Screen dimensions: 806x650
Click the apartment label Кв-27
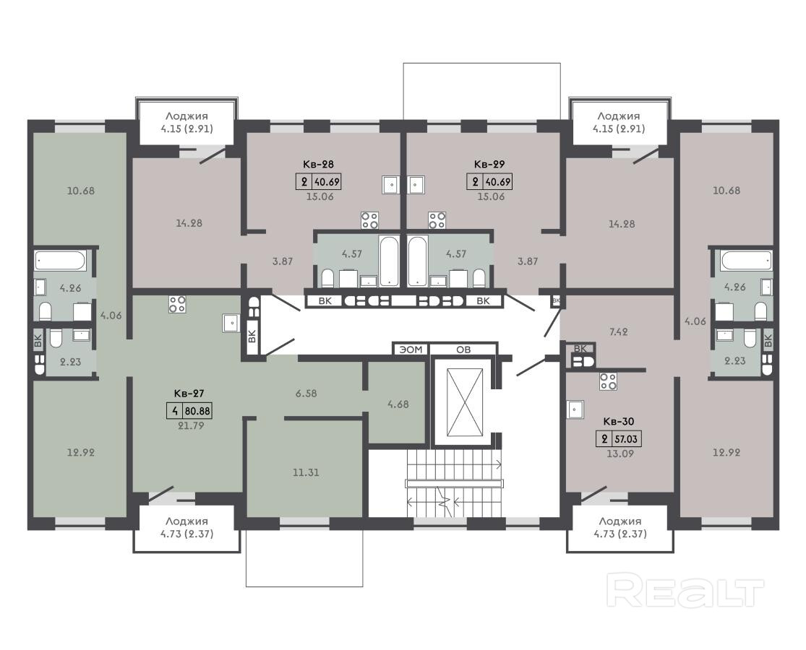coord(189,394)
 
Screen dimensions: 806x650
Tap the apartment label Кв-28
coord(317,164)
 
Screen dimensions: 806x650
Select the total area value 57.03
coord(627,440)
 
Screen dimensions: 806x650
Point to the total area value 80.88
coord(197,411)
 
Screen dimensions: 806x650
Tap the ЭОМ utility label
coord(411,350)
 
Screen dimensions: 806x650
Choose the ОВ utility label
coord(463,350)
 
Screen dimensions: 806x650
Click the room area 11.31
coord(306,472)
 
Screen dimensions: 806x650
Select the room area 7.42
coord(618,331)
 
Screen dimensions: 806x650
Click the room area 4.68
coord(398,404)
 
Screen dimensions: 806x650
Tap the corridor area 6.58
coord(306,394)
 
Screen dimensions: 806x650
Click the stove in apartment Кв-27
coord(177,304)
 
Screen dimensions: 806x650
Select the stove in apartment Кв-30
coord(608,381)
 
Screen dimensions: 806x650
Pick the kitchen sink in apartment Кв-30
coord(575,409)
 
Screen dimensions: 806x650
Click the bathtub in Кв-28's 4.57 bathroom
coord(389,261)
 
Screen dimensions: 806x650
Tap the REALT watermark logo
coord(685,591)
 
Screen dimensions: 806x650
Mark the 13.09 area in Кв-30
coord(620,454)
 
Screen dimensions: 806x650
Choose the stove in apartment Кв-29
coord(437,220)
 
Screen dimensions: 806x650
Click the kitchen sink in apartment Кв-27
coord(231,323)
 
